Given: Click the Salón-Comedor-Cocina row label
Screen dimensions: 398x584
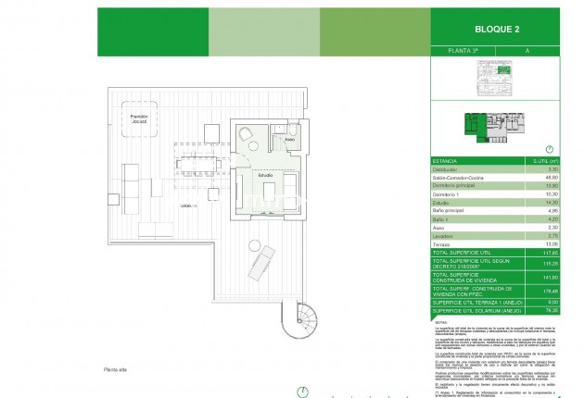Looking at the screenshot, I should [456, 178].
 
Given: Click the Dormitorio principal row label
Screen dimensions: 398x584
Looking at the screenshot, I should [451, 186].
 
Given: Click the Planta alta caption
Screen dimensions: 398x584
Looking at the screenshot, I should [117, 368].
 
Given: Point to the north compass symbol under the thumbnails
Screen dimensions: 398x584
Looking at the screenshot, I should [551, 148].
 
